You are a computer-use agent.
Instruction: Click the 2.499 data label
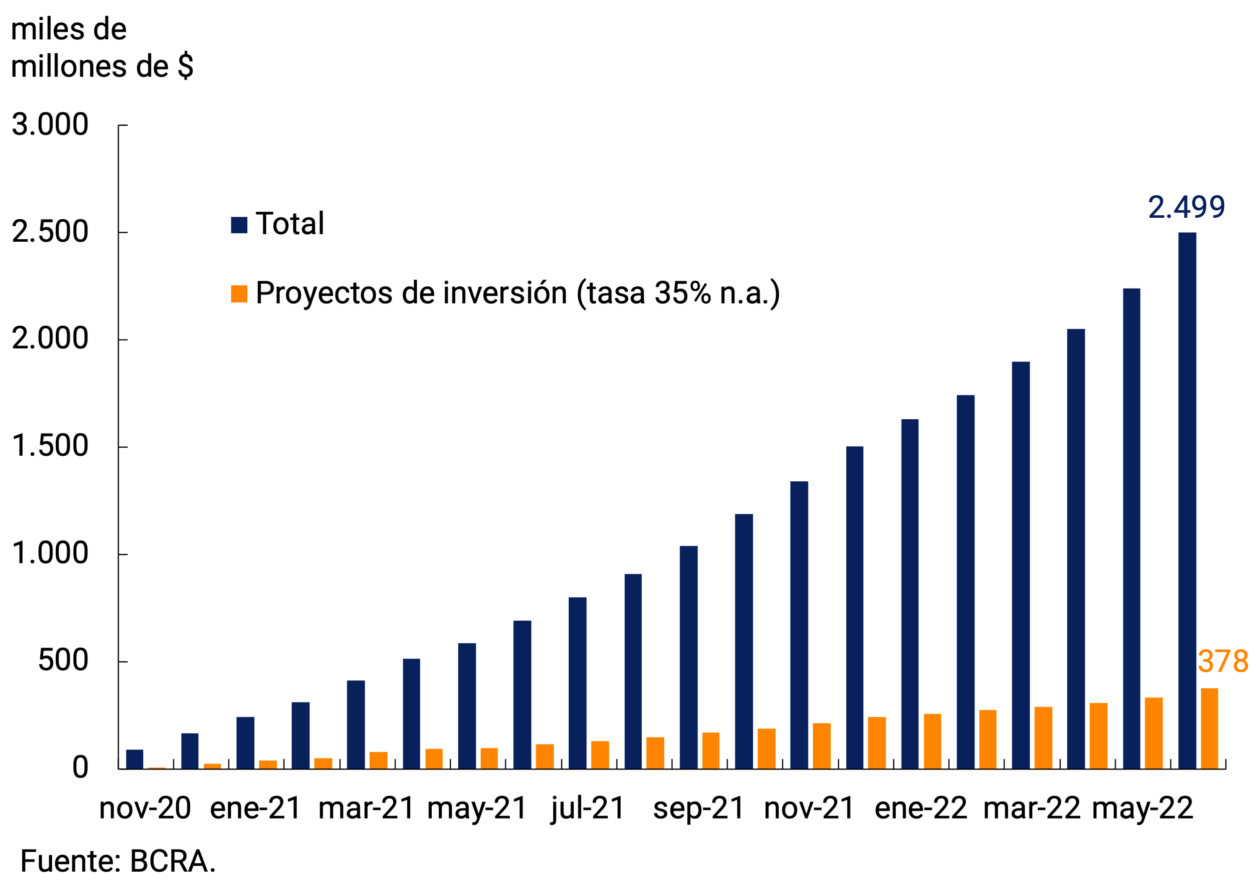pos(1186,208)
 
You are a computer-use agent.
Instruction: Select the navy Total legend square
pos(239,225)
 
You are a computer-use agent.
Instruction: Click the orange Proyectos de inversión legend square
pos(239,294)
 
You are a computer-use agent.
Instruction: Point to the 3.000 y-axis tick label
pos(50,125)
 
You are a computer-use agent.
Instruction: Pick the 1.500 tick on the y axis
pos(50,446)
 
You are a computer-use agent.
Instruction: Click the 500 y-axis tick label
pos(63,661)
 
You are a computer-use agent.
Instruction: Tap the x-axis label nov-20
pos(145,808)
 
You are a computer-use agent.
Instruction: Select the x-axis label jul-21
pos(588,808)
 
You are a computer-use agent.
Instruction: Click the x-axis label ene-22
pos(921,808)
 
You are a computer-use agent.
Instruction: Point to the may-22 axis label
pos(1143,808)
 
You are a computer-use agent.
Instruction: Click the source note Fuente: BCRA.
pos(118,861)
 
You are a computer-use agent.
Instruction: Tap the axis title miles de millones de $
pos(101,48)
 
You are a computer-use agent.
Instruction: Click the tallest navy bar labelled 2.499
pos(1187,501)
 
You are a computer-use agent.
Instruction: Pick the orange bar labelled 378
pos(1209,728)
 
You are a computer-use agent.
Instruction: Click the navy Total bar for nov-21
pos(799,625)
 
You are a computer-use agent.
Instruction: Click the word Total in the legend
pos(290,224)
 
